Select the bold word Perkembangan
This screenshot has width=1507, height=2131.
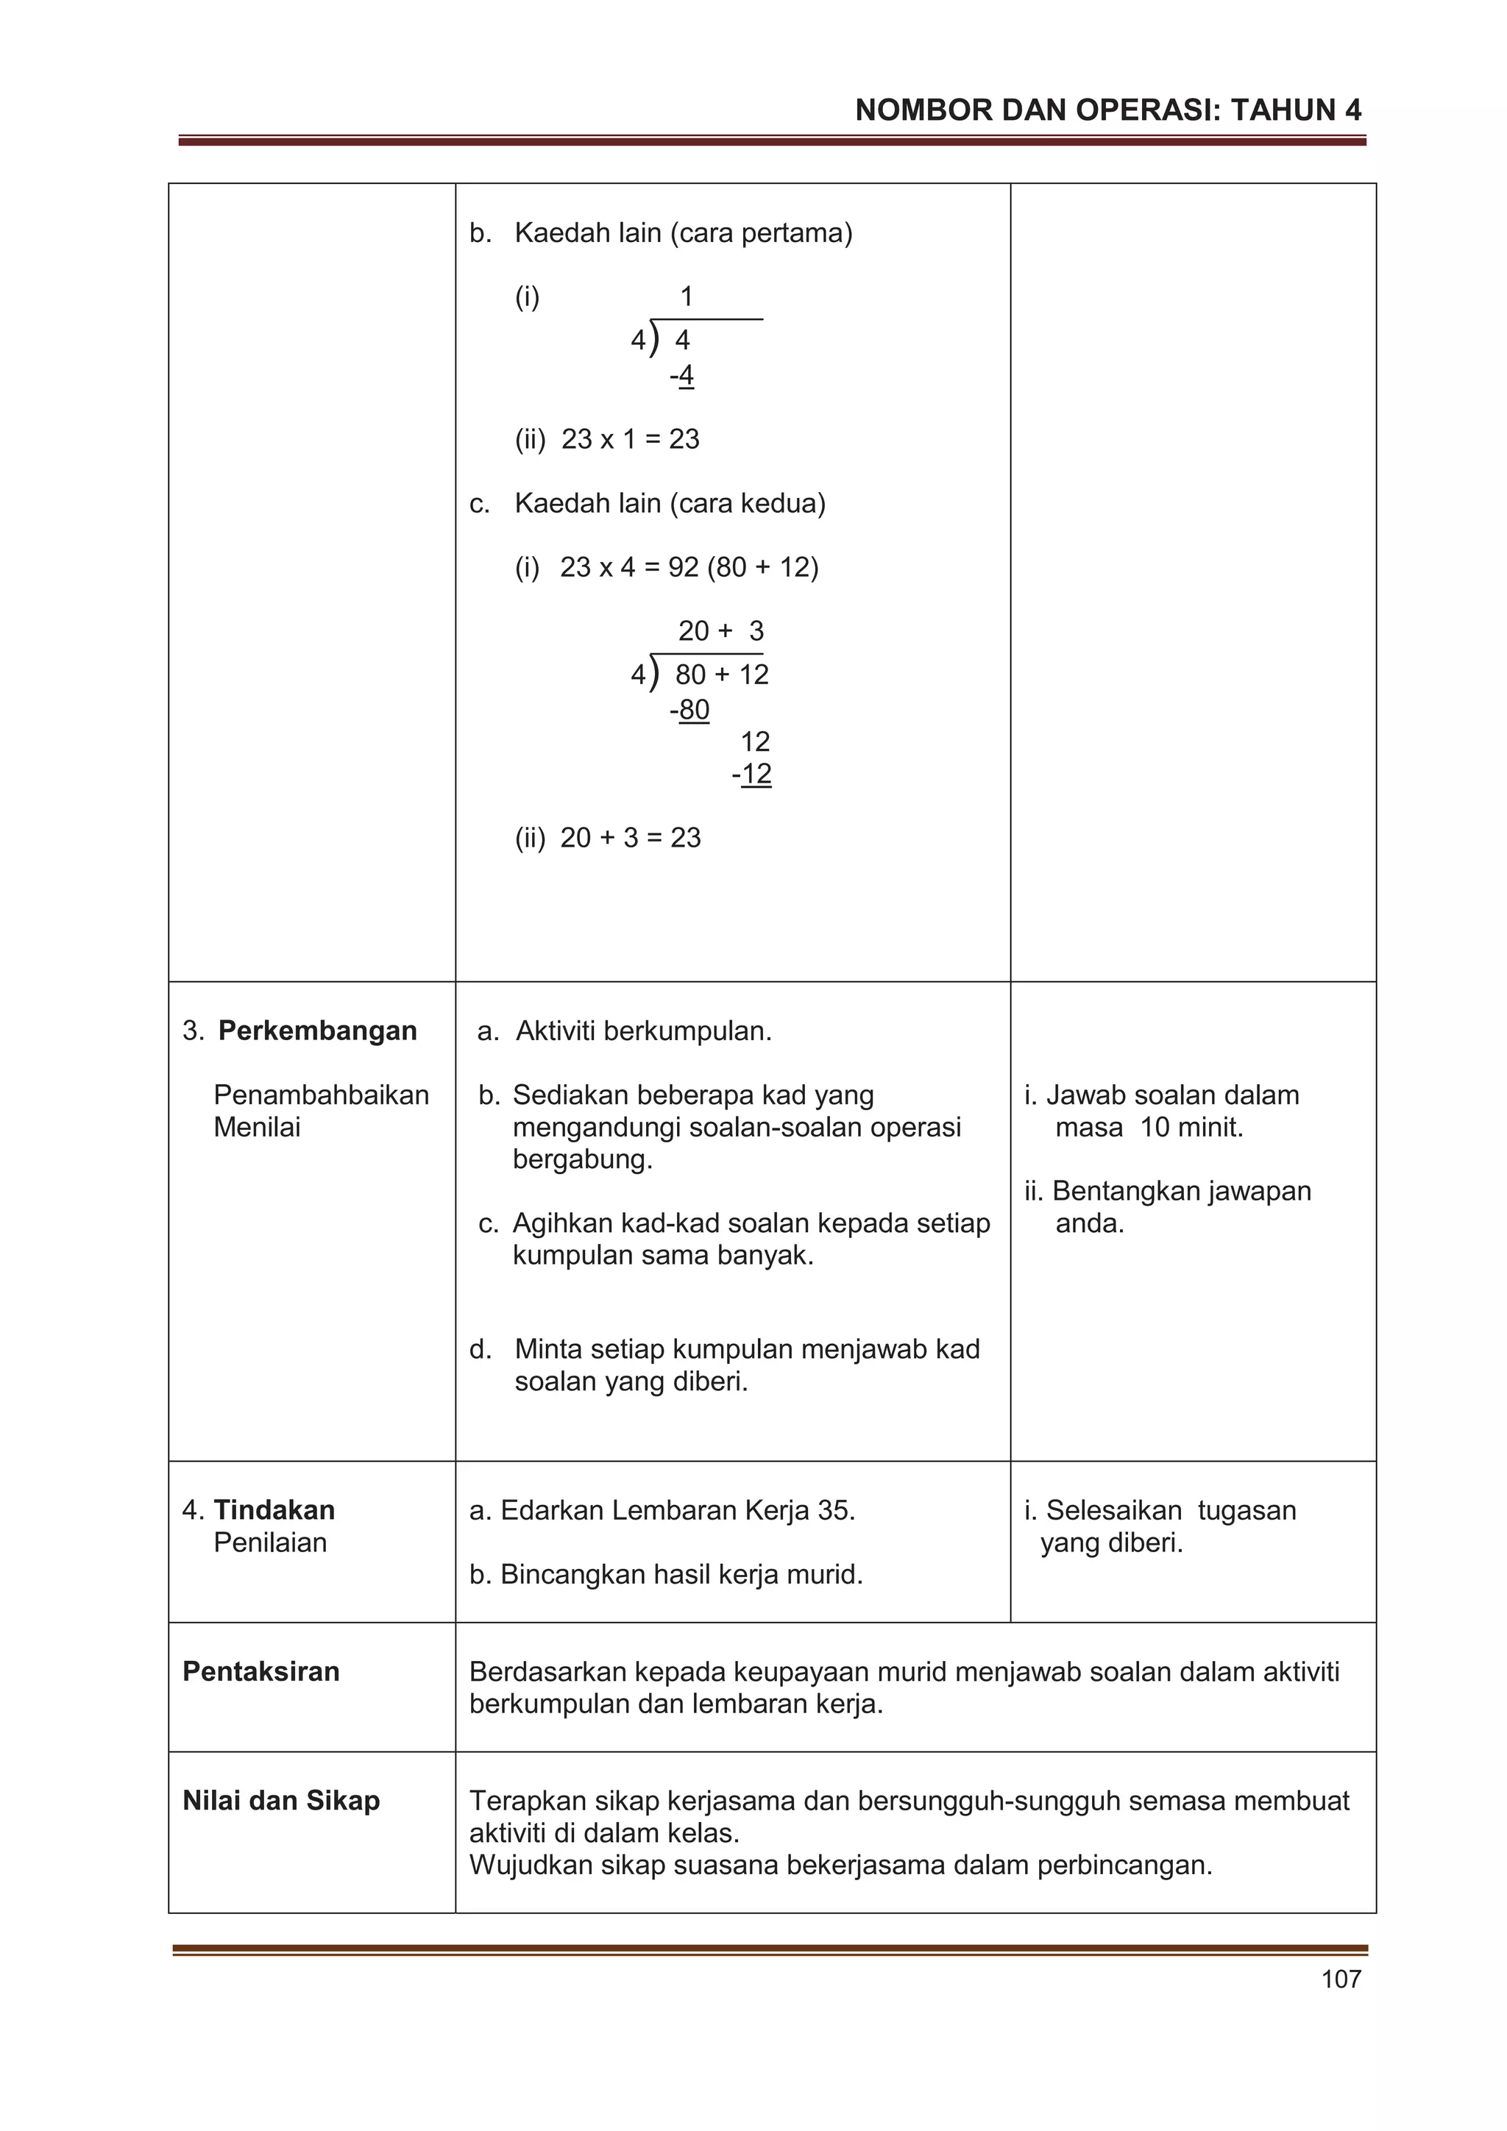318,1031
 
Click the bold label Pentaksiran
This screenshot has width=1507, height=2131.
261,1671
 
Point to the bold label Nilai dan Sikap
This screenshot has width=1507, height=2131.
281,1800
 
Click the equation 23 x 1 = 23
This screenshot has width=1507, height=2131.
630,439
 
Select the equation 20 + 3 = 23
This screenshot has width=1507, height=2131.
630,837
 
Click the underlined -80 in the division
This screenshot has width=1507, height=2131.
691,710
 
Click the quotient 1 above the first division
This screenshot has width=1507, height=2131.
687,297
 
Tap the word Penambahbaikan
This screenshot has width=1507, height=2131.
322,1095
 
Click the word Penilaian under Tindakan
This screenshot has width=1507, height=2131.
270,1542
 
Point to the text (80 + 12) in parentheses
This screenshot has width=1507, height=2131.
762,567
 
